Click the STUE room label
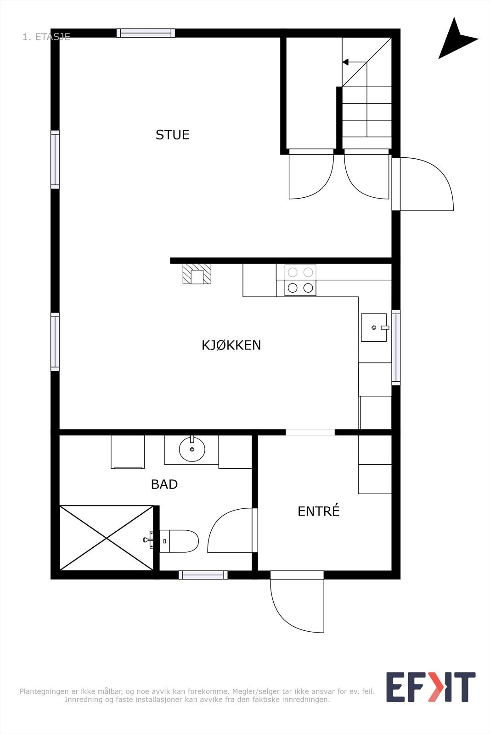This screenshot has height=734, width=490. pyautogui.click(x=172, y=134)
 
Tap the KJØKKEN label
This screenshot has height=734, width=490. pyautogui.click(x=231, y=345)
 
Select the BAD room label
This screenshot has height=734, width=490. pyautogui.click(x=164, y=484)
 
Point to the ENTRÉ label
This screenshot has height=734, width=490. pyautogui.click(x=318, y=511)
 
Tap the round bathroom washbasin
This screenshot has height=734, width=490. pyautogui.click(x=191, y=449)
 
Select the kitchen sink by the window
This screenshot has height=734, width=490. pyautogui.click(x=374, y=328)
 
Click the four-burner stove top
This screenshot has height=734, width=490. pyautogui.click(x=300, y=280)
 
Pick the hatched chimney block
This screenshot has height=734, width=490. pyautogui.click(x=197, y=274)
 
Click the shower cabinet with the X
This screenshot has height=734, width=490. pyautogui.click(x=107, y=538)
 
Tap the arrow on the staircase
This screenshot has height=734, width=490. pyautogui.click(x=345, y=62)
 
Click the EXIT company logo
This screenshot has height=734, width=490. pyautogui.click(x=430, y=687)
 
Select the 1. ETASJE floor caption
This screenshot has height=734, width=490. pyautogui.click(x=46, y=37)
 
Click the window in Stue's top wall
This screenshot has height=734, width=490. pyautogui.click(x=146, y=33)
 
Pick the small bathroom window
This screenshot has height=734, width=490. pyautogui.click(x=203, y=575)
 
